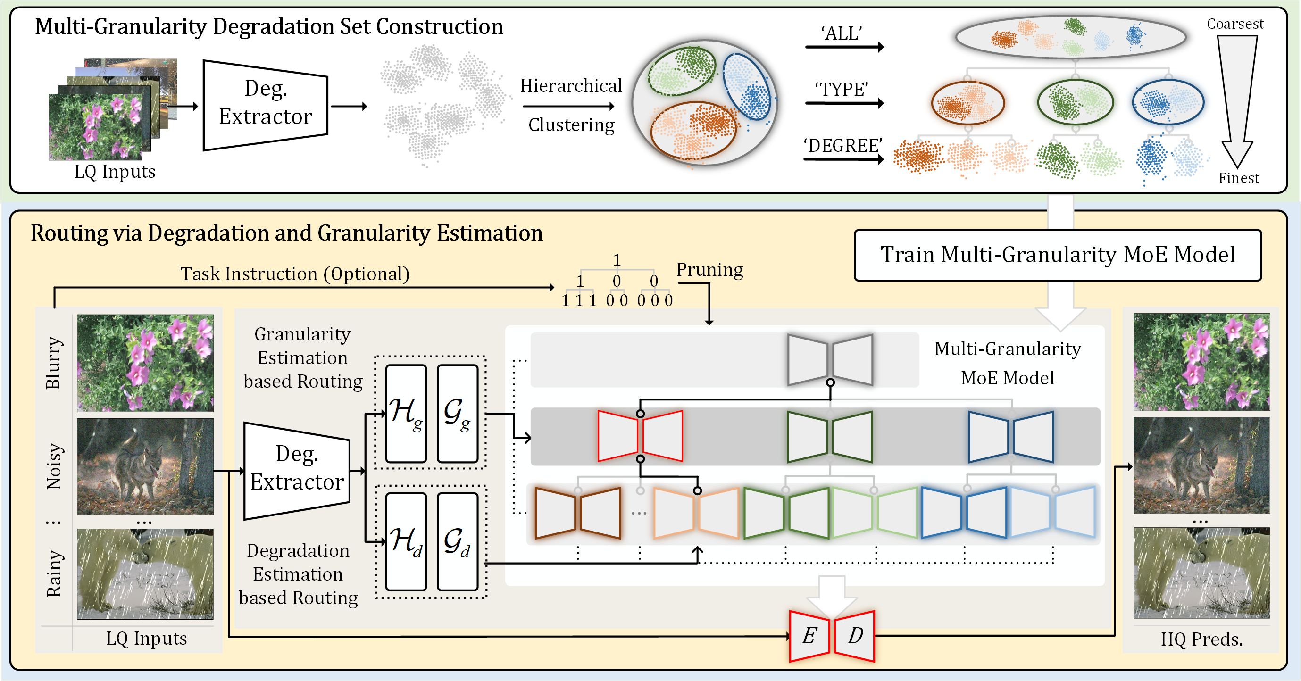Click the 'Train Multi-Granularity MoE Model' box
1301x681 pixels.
[x=1058, y=255]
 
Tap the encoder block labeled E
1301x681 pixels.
[x=809, y=636]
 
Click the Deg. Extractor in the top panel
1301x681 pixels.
[x=266, y=105]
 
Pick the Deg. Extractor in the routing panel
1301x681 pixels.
[x=297, y=471]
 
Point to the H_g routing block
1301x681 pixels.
[x=406, y=414]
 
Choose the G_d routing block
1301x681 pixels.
[x=458, y=542]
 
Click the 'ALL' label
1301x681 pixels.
[x=842, y=33]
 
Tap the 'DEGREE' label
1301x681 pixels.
[x=843, y=145]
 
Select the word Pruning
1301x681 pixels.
[x=709, y=270]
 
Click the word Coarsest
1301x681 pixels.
[x=1235, y=24]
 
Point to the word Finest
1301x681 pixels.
[x=1239, y=178]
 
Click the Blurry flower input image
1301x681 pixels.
[x=145, y=363]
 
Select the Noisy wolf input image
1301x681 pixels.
[x=145, y=466]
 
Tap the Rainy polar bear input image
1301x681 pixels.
[x=145, y=573]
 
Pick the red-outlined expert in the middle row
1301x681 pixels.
[x=641, y=436]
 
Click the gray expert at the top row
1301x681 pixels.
[x=830, y=359]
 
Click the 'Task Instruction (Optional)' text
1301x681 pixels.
[x=295, y=274]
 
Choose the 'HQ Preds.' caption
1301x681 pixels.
[x=1201, y=639]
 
